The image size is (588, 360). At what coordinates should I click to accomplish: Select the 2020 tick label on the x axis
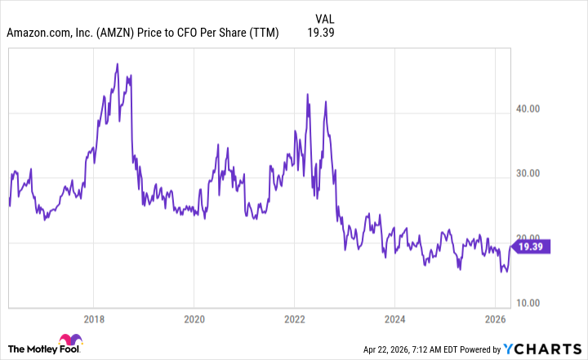pos(194,318)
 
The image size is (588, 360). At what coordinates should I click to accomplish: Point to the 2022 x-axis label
pos(294,318)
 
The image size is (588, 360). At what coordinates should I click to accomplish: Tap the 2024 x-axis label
pos(394,318)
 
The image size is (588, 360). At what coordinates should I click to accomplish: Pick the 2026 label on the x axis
pos(494,318)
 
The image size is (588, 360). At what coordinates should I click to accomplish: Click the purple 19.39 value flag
pos(535,245)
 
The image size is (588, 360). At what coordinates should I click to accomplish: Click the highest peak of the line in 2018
pos(118,64)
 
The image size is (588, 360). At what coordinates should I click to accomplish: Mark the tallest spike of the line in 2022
pos(307,95)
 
